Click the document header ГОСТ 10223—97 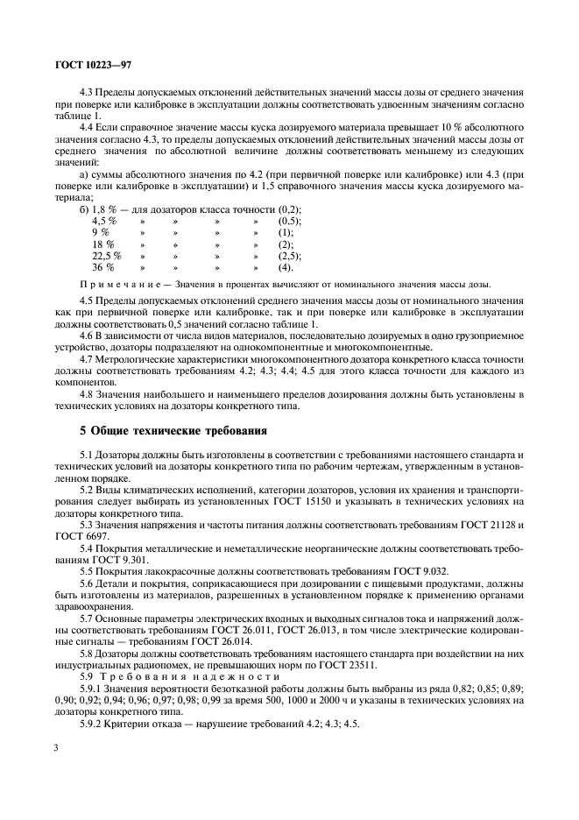click(94, 65)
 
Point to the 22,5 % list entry click(106, 256)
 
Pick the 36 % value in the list click(103, 267)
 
